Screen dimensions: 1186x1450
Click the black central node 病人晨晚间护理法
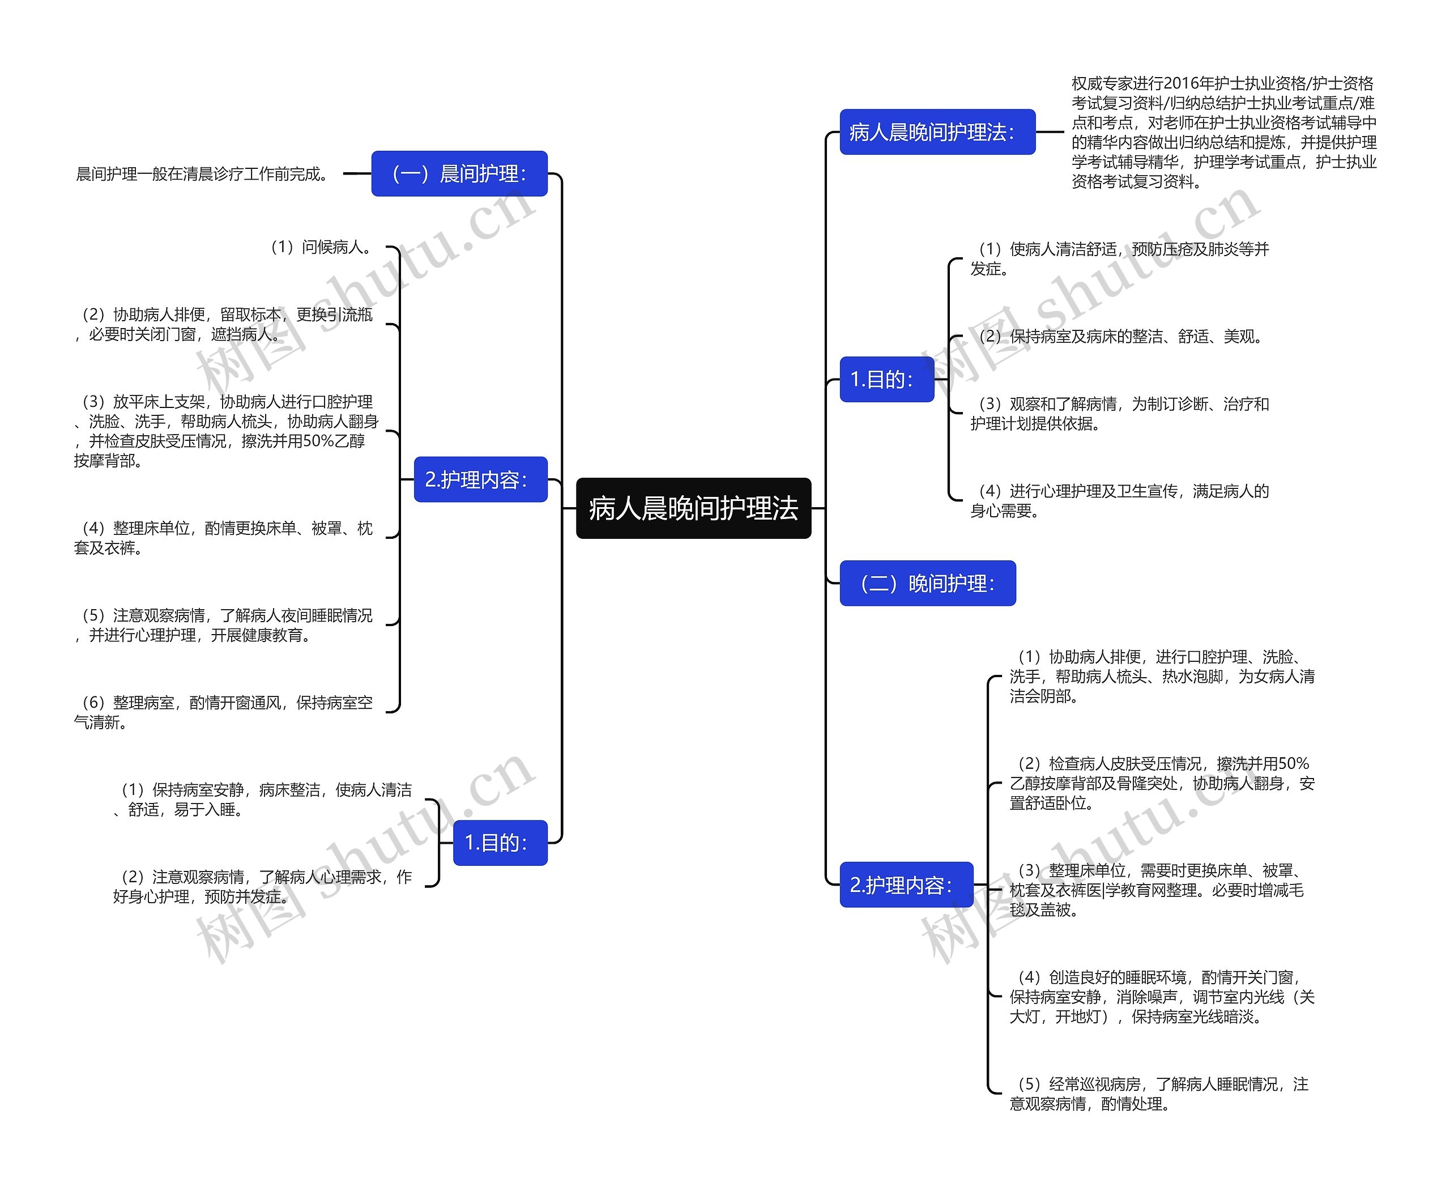click(693, 508)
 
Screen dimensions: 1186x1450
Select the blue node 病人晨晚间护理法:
click(937, 132)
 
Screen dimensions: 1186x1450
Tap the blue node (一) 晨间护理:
click(459, 173)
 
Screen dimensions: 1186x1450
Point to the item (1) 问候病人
click(321, 246)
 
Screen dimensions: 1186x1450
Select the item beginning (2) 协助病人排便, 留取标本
click(225, 325)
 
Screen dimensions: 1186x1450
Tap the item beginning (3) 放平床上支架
click(225, 431)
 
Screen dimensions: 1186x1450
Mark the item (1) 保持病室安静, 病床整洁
click(263, 800)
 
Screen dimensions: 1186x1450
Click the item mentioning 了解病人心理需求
click(263, 886)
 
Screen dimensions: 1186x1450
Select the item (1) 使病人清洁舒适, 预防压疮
click(1120, 259)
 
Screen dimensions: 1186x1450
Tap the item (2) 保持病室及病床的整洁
click(1120, 336)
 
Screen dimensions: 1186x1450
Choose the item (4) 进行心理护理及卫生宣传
click(1120, 500)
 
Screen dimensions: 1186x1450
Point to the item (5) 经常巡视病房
click(1159, 1094)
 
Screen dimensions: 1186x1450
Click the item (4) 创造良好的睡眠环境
click(1161, 997)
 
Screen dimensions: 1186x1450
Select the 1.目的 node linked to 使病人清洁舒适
click(886, 379)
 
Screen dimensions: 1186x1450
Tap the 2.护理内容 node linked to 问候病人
click(480, 479)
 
